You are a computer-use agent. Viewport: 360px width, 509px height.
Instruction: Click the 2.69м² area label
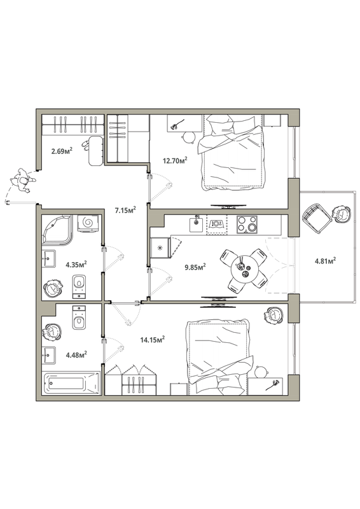point(62,151)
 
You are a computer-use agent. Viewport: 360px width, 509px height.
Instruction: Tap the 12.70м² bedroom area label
point(176,160)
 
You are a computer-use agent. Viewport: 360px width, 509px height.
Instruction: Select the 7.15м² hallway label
point(125,211)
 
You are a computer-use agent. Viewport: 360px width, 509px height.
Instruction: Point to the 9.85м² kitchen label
point(195,267)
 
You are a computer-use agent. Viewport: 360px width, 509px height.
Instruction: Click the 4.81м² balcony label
point(325,261)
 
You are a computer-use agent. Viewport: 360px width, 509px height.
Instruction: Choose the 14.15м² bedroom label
point(153,340)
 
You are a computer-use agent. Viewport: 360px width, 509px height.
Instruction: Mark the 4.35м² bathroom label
point(76,265)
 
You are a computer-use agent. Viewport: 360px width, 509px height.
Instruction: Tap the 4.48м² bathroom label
point(76,355)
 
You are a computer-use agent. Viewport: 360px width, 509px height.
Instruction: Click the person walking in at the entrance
point(22,181)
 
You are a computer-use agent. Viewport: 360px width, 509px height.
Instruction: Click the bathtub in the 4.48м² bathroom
point(71,383)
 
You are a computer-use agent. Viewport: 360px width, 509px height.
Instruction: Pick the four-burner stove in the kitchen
point(247,225)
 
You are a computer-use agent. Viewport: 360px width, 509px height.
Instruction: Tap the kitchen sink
point(196,225)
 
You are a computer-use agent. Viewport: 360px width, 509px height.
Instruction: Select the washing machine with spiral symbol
point(88,223)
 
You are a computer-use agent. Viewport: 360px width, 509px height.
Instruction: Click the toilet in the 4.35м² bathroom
point(79,286)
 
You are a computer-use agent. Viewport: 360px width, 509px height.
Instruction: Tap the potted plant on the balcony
point(341,214)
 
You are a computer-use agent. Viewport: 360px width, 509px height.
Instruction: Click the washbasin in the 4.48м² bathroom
point(49,355)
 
